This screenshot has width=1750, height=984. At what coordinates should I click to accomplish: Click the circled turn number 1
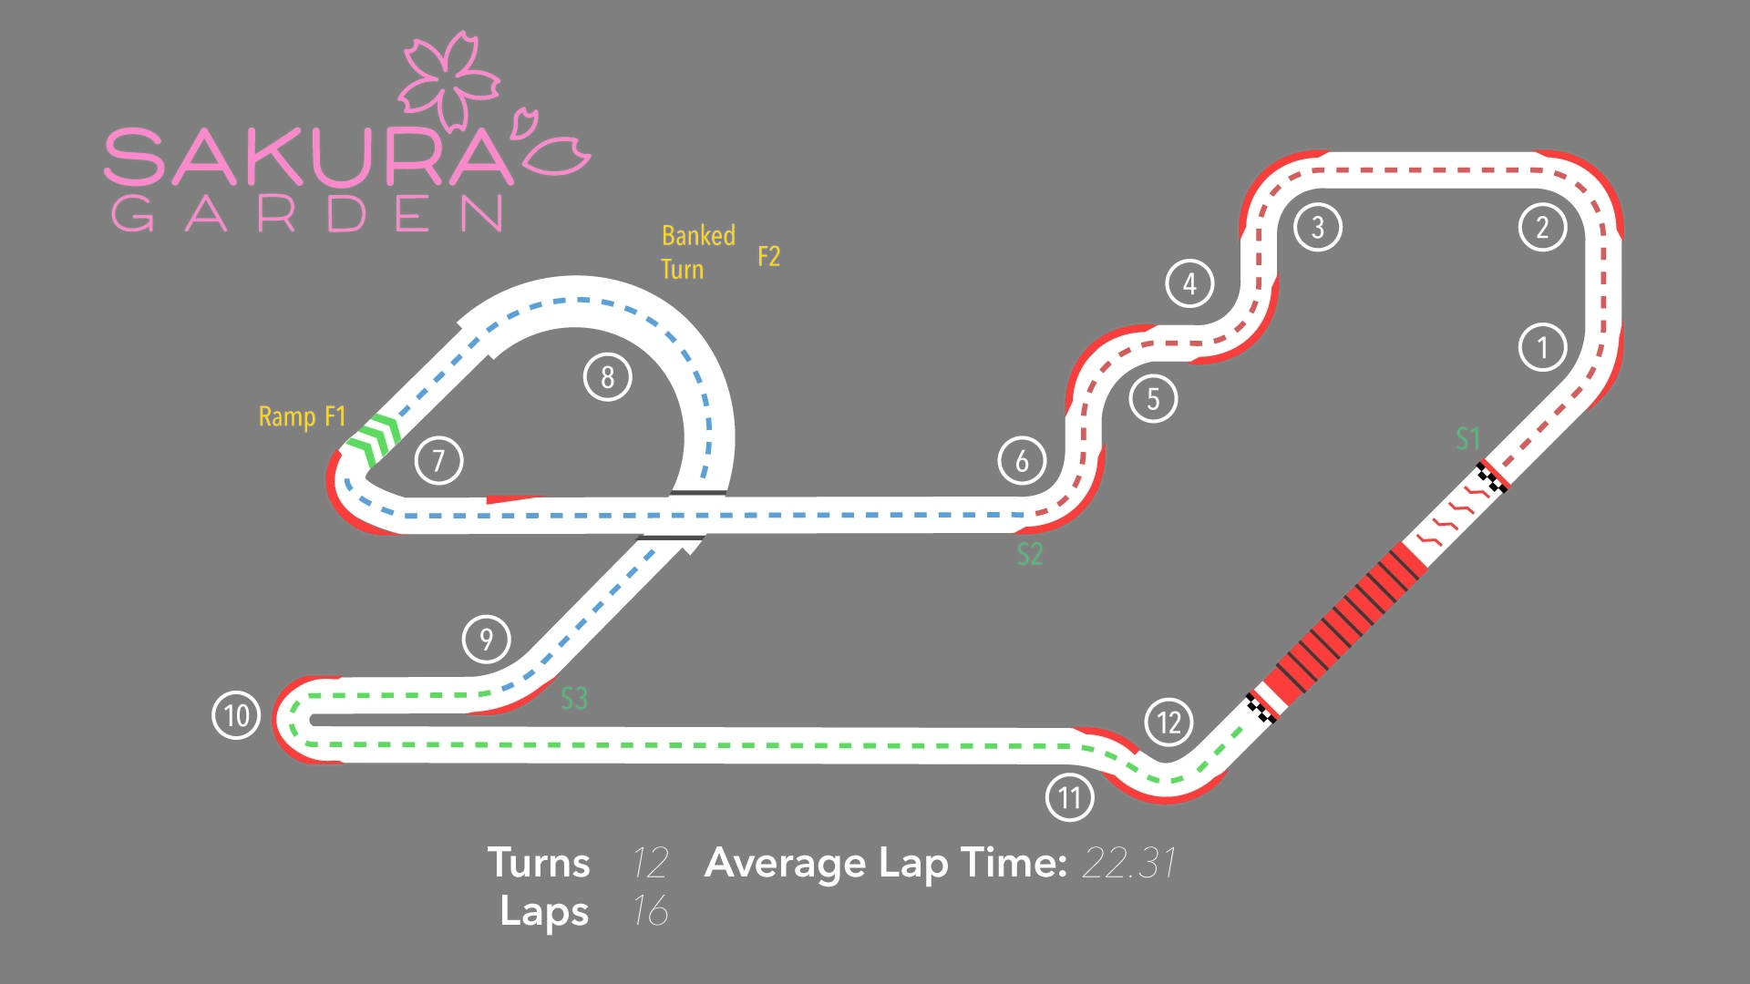1542,347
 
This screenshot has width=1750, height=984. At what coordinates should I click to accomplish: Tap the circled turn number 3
1317,227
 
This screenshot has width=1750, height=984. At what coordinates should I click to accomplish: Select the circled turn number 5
1153,399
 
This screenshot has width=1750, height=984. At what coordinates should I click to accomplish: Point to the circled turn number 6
1022,461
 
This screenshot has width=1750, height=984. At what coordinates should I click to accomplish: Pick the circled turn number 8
607,376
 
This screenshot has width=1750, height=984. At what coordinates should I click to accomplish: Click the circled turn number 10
236,715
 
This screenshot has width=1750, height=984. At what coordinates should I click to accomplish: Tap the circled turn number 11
1069,797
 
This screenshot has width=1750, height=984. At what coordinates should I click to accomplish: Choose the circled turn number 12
1168,723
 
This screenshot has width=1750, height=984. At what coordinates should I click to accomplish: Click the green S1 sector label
1467,439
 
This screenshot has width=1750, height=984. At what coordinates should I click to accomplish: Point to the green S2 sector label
1029,554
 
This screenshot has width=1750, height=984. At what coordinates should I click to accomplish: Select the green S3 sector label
573,699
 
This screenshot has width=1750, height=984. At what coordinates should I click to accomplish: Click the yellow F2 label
768,257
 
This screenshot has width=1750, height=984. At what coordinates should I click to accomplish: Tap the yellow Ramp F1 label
302,417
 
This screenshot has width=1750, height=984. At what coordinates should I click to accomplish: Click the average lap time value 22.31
1128,863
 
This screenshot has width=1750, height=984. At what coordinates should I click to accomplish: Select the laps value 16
650,911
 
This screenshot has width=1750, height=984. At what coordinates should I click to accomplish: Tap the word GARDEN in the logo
306,214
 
